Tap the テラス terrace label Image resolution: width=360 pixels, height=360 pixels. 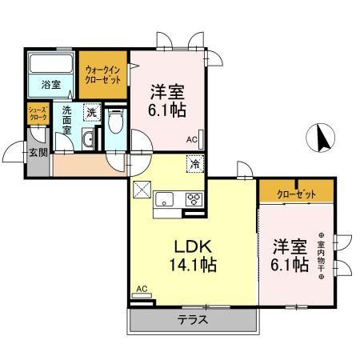(x=192, y=320)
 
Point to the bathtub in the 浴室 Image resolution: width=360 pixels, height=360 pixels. (x=52, y=63)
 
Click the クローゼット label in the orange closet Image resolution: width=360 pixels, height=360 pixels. (x=295, y=194)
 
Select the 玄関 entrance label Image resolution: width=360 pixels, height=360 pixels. (x=36, y=151)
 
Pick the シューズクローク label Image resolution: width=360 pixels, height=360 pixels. (x=38, y=114)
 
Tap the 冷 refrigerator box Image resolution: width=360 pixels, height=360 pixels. (x=194, y=164)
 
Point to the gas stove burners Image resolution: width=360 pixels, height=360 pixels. (x=194, y=200)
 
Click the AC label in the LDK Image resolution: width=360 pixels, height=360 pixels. (x=142, y=288)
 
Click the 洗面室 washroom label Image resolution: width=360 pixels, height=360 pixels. (x=62, y=119)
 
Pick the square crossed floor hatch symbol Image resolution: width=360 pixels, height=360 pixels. (x=142, y=189)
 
